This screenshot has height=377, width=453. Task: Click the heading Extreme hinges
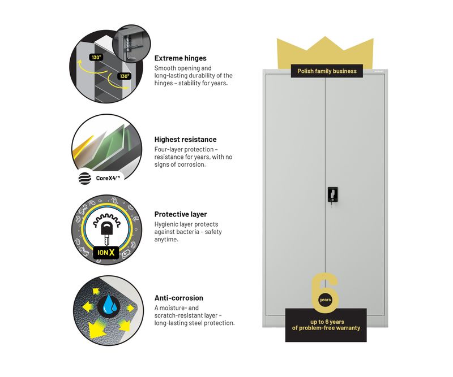(x=180, y=58)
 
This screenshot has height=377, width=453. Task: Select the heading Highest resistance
(x=185, y=139)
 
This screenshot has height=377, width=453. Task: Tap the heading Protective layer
(x=181, y=214)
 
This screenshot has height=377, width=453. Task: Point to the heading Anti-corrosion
(x=178, y=298)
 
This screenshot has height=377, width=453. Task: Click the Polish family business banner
(x=327, y=71)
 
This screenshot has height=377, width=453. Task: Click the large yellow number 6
(x=325, y=293)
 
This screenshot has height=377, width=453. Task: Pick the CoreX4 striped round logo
(x=85, y=179)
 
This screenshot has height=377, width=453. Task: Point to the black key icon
(x=107, y=231)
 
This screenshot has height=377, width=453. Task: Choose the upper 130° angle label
(x=97, y=57)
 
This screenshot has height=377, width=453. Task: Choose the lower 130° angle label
(x=124, y=76)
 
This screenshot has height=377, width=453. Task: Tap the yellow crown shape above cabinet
(x=324, y=51)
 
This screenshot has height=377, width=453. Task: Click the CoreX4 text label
(x=107, y=179)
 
